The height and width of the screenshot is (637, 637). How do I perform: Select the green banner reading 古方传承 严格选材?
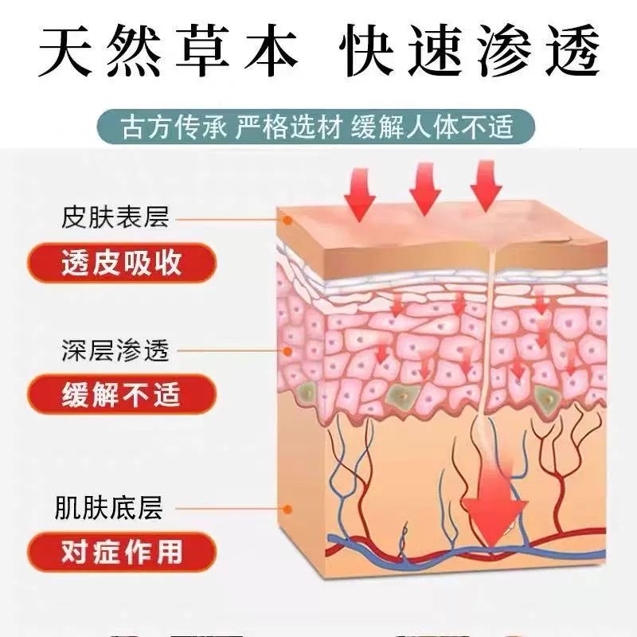coord(318,127)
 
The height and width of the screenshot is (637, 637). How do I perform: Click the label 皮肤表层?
coord(115,217)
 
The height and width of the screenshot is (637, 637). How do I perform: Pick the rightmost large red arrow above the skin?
coord(486,190)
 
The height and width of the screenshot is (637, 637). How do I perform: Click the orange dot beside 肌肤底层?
coord(287,507)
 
